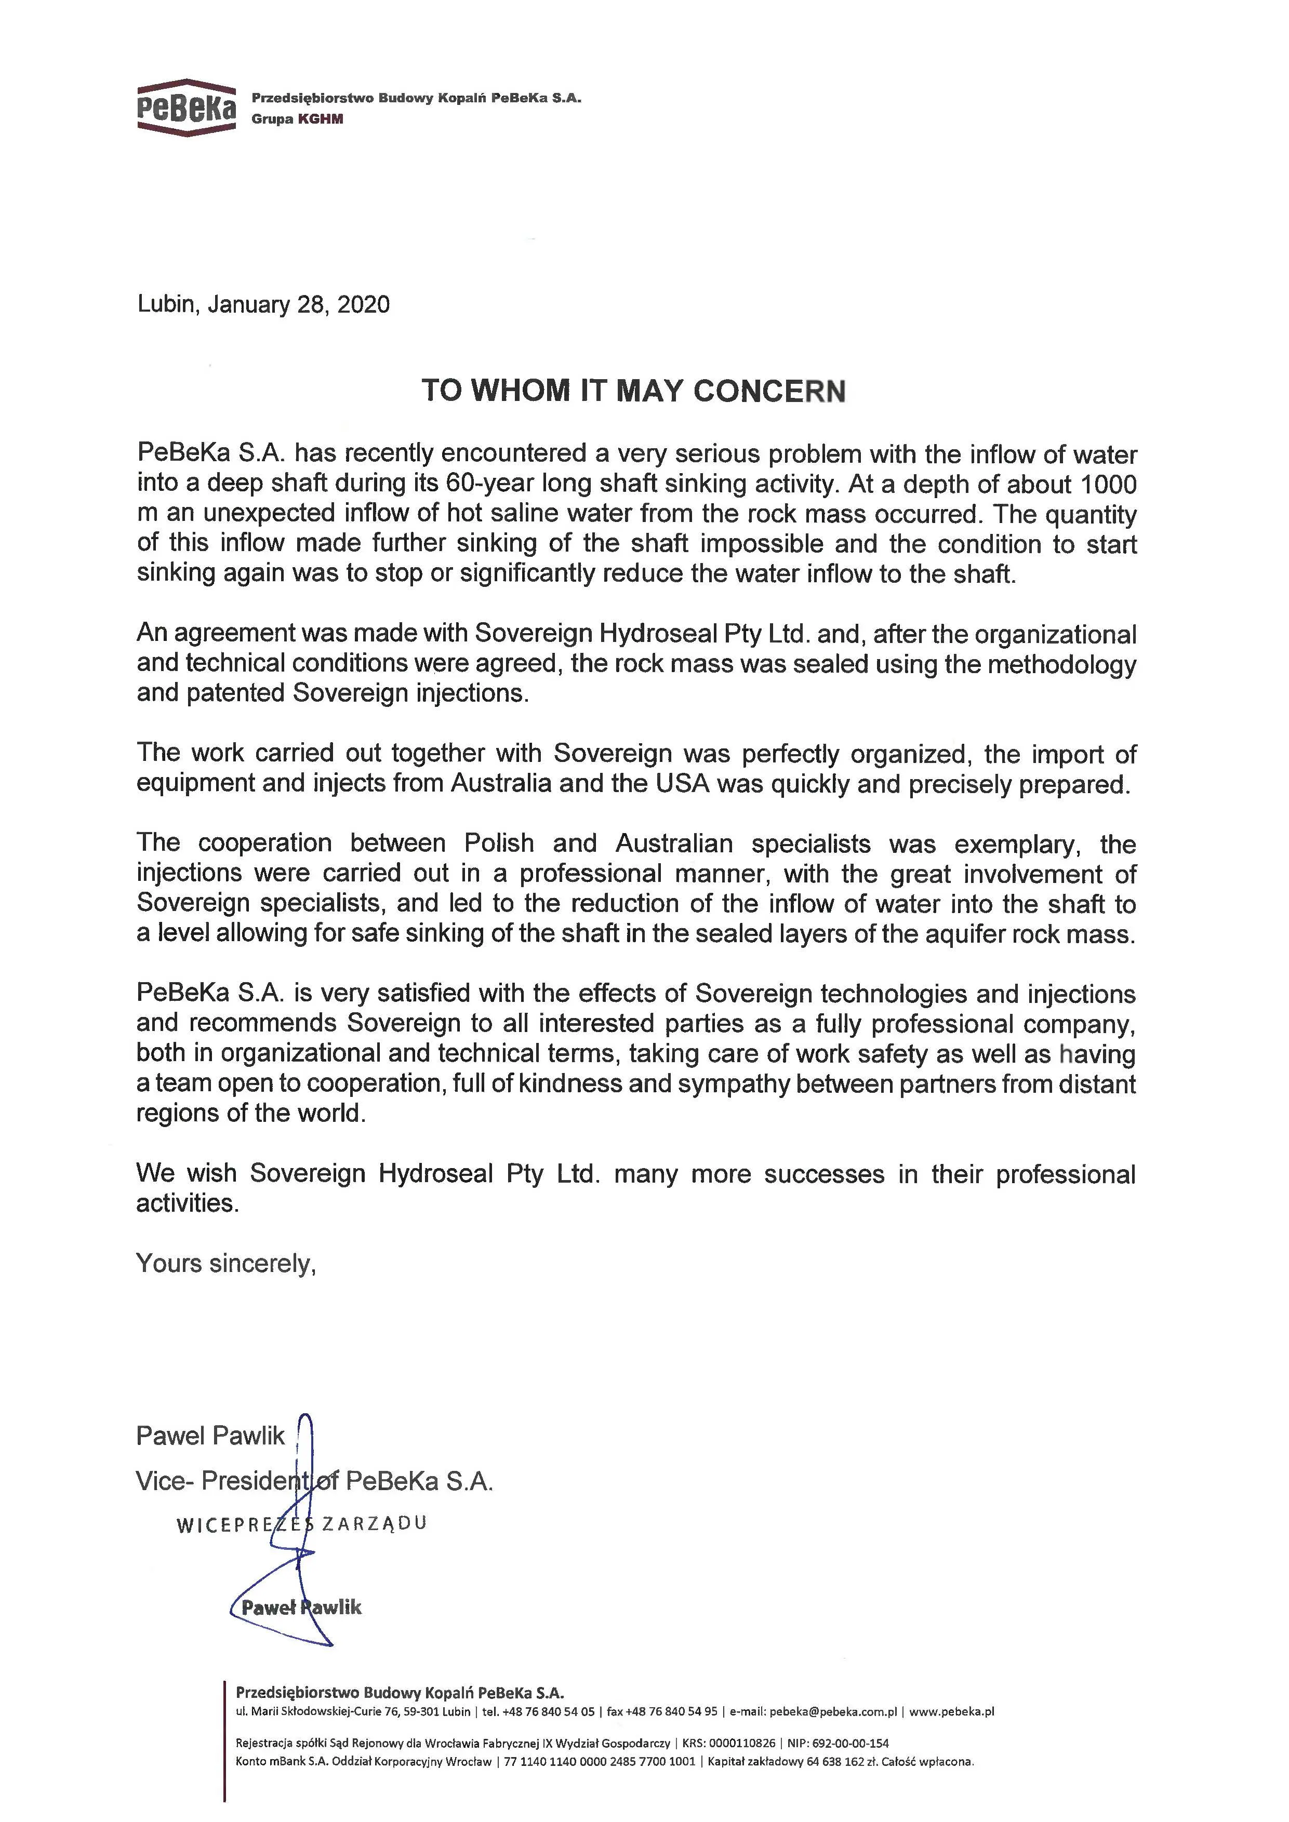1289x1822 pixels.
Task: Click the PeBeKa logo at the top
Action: point(185,108)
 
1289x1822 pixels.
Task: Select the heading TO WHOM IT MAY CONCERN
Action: point(633,391)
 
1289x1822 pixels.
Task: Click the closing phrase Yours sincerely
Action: point(226,1263)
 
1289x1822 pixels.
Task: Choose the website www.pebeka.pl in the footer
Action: point(952,1712)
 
